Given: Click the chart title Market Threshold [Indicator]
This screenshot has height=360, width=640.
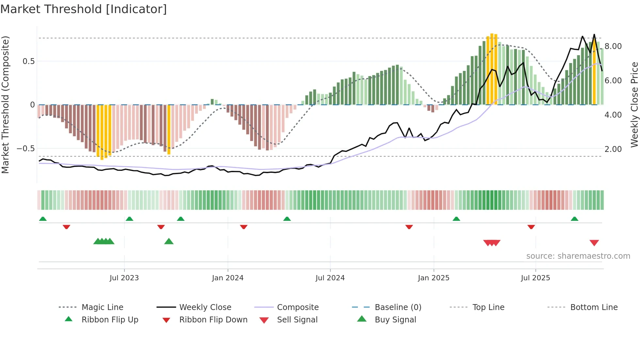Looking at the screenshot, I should coord(84,9).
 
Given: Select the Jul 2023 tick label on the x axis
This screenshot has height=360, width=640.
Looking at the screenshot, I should coord(124,278).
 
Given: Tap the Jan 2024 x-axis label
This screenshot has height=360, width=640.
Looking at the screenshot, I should coord(228,278).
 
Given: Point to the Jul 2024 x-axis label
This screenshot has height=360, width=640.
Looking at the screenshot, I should coord(330,278).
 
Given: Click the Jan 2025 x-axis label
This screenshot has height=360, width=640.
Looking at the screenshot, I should coord(434,278).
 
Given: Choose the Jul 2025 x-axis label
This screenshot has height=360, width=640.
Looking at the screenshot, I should coord(536,278).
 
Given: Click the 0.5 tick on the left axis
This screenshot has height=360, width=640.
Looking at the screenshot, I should coord(28,61).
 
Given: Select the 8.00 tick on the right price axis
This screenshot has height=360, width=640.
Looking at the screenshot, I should coord(613,46).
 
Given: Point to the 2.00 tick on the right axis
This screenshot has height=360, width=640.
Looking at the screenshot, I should coord(613,149).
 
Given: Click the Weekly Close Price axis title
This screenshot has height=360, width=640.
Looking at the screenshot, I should coord(634,105).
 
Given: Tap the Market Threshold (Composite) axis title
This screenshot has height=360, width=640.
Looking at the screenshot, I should coord(5,105).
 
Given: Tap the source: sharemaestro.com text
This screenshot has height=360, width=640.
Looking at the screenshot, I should coord(578,256).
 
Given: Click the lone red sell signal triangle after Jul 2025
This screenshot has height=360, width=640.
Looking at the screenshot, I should coord(594,243).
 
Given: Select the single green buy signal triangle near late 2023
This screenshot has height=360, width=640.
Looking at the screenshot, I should coord(169,241).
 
